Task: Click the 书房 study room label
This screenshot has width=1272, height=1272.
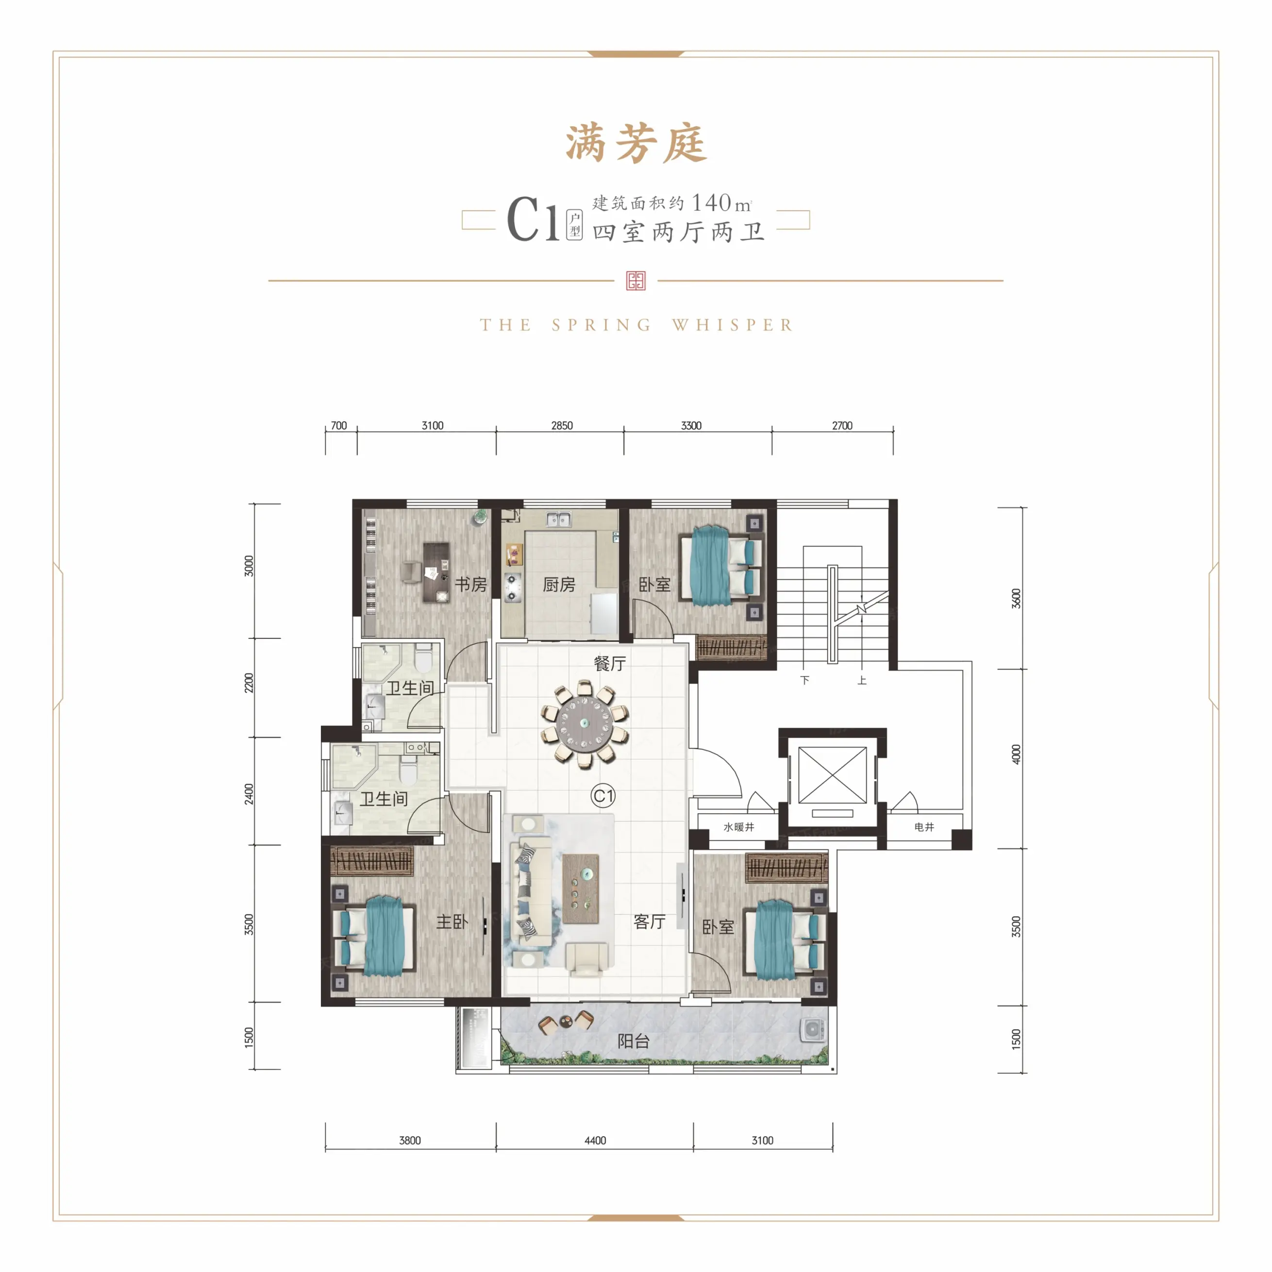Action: click(471, 584)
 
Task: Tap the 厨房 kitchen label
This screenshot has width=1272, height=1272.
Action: click(559, 584)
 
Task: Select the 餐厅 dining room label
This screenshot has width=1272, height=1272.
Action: click(610, 663)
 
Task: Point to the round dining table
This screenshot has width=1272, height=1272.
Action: click(584, 723)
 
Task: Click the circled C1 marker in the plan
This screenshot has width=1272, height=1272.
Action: click(603, 796)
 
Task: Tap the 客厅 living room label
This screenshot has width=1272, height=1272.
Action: click(649, 921)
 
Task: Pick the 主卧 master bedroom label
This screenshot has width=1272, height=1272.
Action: click(452, 921)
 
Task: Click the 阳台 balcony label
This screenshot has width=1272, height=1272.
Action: click(634, 1040)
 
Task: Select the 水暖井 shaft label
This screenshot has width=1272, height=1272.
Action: click(739, 827)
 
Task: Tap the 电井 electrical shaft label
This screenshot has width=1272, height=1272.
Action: click(924, 827)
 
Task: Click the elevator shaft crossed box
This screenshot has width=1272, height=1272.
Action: click(832, 775)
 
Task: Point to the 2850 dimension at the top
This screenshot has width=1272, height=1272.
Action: click(562, 425)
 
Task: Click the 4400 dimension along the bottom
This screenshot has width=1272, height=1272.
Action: click(595, 1140)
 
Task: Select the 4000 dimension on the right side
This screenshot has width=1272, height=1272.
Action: click(1016, 754)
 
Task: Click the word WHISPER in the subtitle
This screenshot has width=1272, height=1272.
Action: click(732, 325)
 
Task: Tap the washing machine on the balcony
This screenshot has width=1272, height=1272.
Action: click(813, 1030)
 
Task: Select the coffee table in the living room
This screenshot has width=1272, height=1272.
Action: click(581, 888)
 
